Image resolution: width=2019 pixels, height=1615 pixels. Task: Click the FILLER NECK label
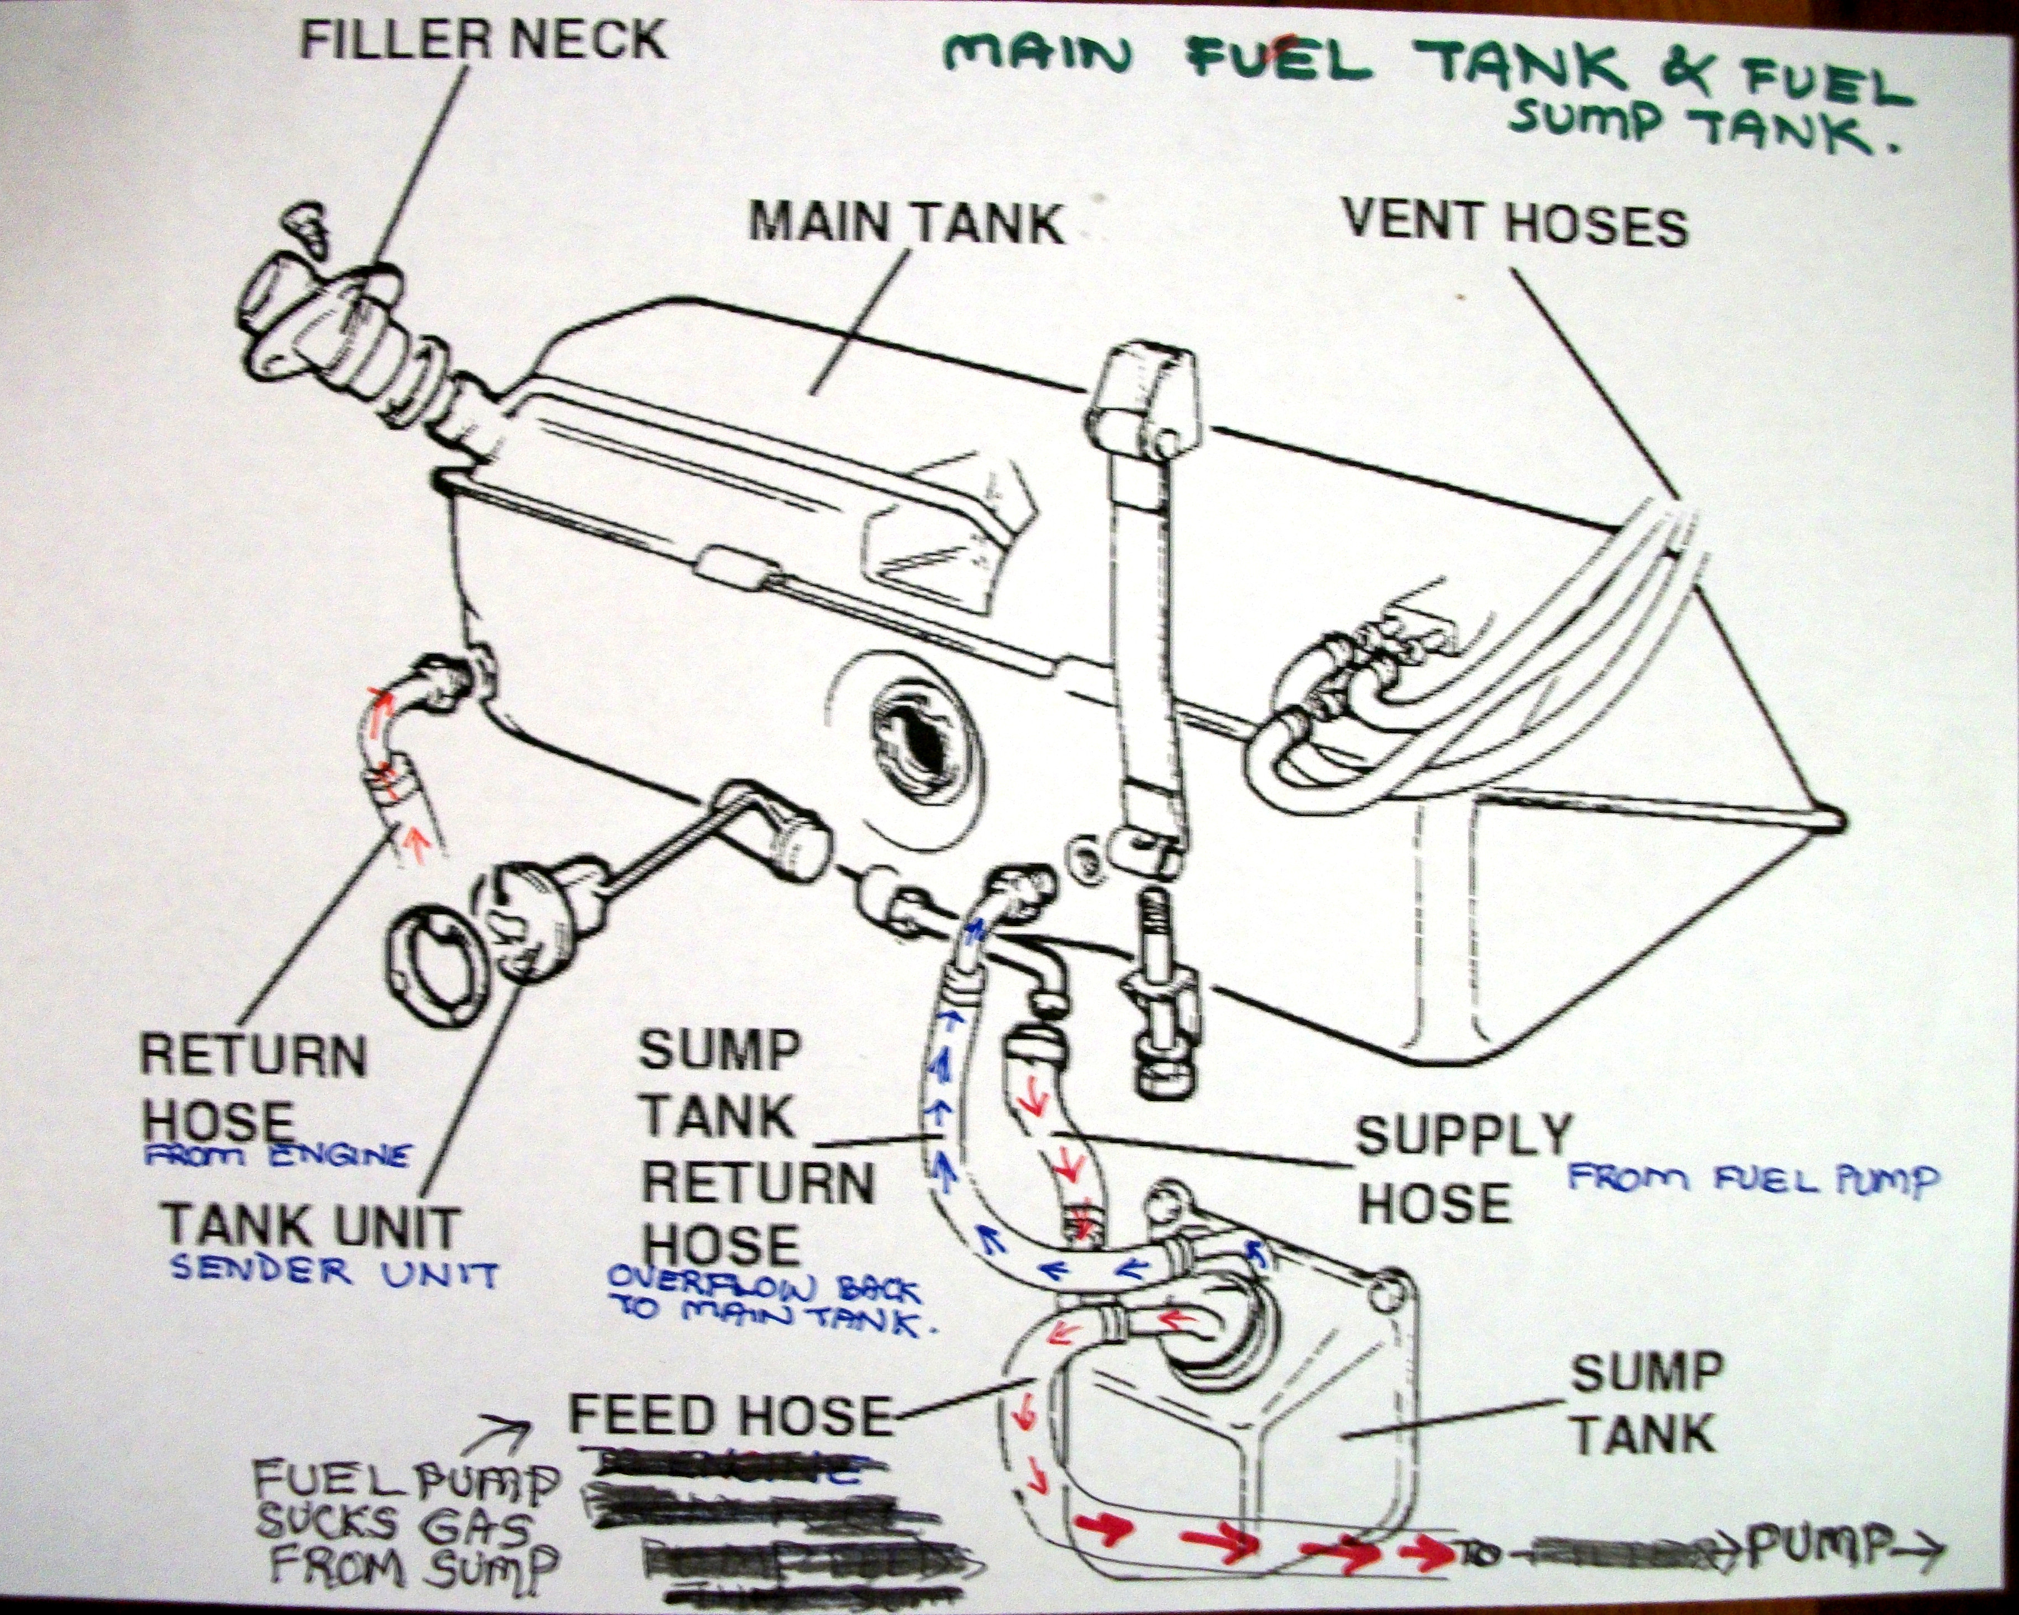pyautogui.click(x=483, y=39)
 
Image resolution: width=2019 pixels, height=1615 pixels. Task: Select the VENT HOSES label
pyautogui.click(x=1514, y=224)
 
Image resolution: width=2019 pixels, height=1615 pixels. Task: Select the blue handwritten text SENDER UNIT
pyautogui.click(x=332, y=1272)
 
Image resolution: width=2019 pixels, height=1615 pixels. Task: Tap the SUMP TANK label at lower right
pyautogui.click(x=1646, y=1404)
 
